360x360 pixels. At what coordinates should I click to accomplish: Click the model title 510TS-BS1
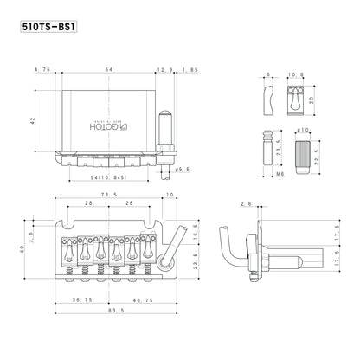click(x=48, y=26)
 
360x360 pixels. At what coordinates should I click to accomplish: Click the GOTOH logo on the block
click(x=109, y=127)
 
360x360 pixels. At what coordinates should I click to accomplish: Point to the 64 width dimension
click(x=109, y=69)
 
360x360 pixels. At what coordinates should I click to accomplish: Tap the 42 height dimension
click(x=32, y=120)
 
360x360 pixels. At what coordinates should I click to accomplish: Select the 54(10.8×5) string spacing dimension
click(x=108, y=177)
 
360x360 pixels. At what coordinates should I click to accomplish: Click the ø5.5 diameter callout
click(x=183, y=170)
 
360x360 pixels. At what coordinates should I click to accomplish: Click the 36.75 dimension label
click(x=82, y=300)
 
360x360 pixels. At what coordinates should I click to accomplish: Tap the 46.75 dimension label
click(x=143, y=300)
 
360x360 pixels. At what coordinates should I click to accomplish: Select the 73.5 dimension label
click(x=109, y=195)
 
